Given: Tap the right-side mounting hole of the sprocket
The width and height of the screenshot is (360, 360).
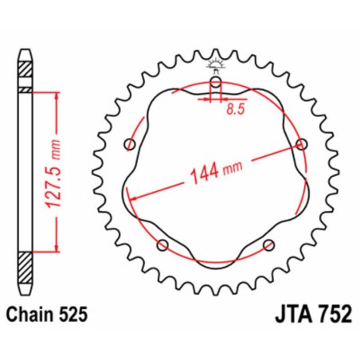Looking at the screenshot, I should pyautogui.click(x=301, y=143).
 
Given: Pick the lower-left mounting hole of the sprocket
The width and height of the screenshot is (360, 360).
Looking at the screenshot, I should pyautogui.click(x=163, y=244).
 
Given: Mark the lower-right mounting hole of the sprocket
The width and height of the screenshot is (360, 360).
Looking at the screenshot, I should pyautogui.click(x=269, y=244).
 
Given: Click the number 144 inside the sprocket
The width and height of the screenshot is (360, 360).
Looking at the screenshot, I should pyautogui.click(x=204, y=176).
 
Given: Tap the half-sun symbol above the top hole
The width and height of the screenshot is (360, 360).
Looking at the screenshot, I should pyautogui.click(x=216, y=62).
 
